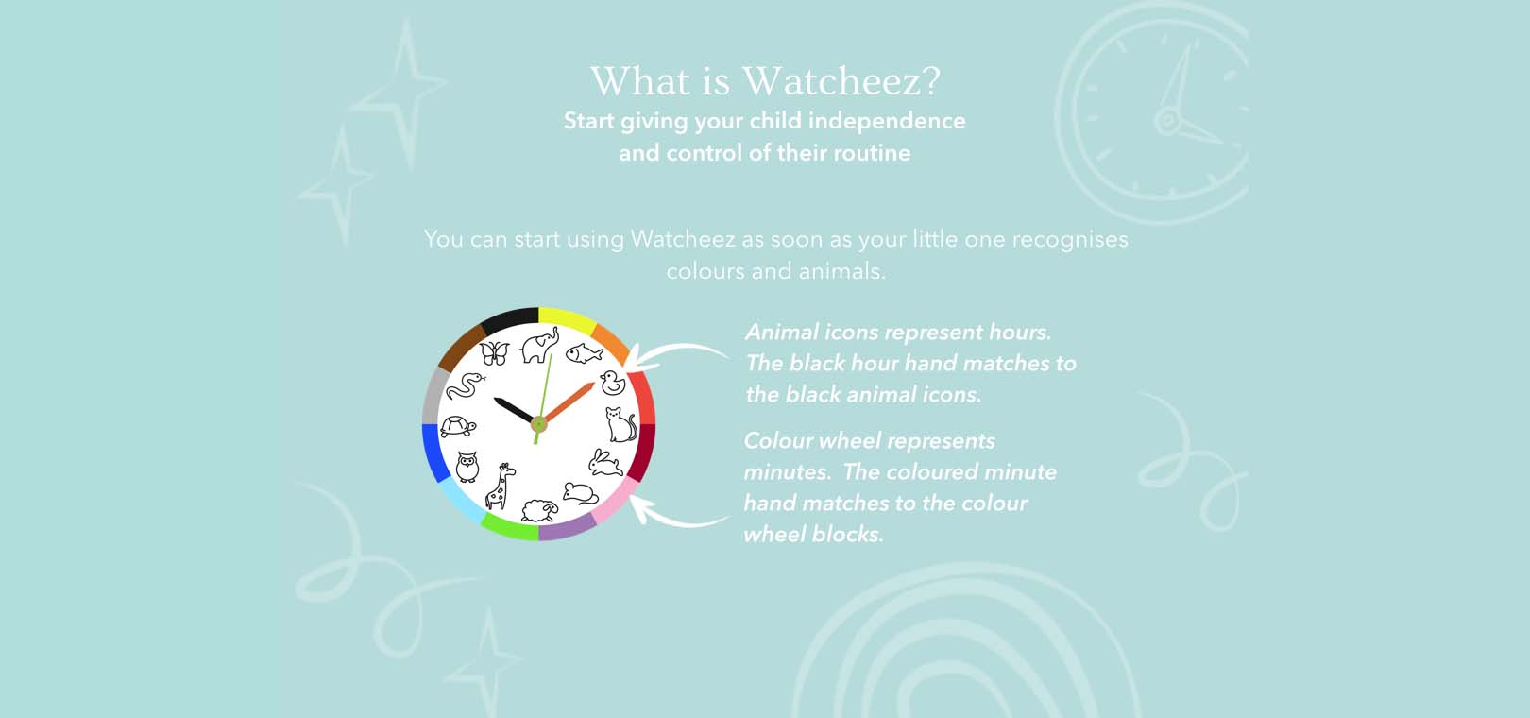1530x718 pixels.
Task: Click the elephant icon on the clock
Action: pos(540,345)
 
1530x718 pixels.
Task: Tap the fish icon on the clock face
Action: pos(584,353)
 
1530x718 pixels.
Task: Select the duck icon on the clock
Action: pos(613,384)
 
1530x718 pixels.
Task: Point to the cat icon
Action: pos(621,424)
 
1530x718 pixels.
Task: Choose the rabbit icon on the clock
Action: pos(605,463)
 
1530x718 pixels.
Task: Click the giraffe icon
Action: pos(501,487)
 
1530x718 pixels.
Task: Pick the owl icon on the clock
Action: pos(467,467)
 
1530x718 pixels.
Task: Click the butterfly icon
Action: pos(495,352)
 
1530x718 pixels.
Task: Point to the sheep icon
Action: pos(539,509)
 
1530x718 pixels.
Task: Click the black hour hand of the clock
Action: pos(515,410)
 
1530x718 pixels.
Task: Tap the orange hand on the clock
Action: pos(569,403)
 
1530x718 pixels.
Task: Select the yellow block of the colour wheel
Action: pos(567,319)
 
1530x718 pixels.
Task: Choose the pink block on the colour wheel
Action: pos(616,500)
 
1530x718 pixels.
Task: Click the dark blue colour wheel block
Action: pos(435,453)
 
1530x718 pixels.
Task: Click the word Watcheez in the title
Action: pos(841,81)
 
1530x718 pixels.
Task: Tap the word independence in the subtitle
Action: pos(887,121)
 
